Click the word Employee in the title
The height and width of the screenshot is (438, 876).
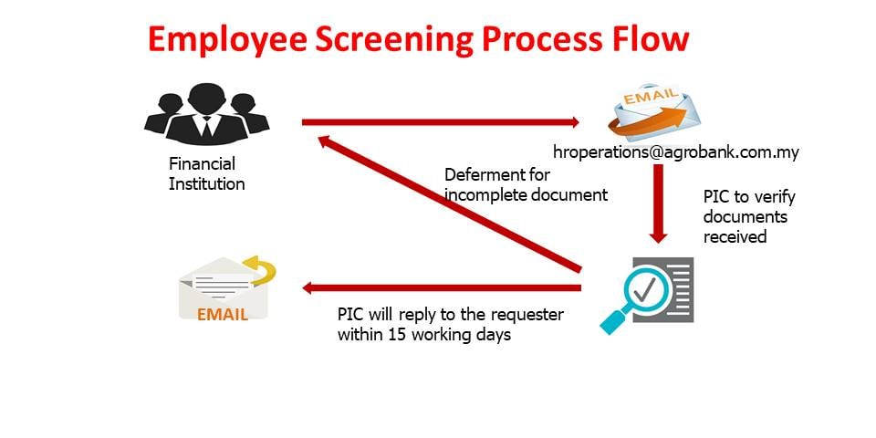point(227,40)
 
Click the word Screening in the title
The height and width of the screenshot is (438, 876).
point(394,40)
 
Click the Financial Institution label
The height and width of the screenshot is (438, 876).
point(207,173)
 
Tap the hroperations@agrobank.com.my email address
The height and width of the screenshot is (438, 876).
point(676,152)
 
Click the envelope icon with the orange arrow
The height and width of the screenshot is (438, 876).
point(653,111)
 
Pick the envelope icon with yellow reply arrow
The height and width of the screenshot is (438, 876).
point(226,287)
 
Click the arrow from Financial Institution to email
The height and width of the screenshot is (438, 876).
point(441,122)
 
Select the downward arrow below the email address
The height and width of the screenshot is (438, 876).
point(659,203)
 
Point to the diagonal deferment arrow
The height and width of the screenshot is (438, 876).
point(450,203)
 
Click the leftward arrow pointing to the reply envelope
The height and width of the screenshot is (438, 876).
point(442,288)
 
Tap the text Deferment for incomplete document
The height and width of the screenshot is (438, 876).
point(526,185)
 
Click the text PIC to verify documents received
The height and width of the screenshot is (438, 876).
point(749,217)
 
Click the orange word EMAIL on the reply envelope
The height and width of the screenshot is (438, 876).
point(223,315)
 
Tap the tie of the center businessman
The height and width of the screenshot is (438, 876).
point(207,128)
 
